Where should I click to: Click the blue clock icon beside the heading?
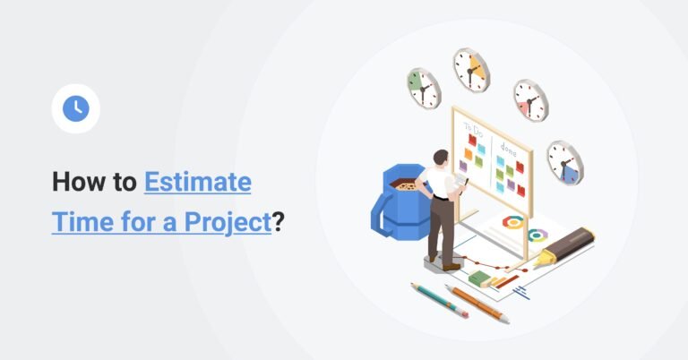tap(76, 108)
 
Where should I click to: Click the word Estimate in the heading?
tap(197, 182)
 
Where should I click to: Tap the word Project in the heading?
tap(228, 222)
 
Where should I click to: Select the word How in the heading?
tap(73, 182)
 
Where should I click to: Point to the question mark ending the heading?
tap(279, 221)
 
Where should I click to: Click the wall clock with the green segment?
tap(424, 88)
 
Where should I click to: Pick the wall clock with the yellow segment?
tap(471, 70)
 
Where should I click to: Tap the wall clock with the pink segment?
tap(531, 100)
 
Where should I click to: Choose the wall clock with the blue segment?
tap(565, 163)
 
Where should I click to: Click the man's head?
tap(441, 158)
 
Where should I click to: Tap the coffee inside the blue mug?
tap(404, 184)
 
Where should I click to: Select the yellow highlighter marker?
tap(563, 247)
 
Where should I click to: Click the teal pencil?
tap(439, 300)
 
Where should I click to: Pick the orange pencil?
tap(477, 304)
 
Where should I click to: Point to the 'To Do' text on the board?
tap(474, 130)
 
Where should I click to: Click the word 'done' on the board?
tap(509, 150)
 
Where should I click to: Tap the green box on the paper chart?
tap(479, 278)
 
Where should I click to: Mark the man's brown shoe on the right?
tap(451, 267)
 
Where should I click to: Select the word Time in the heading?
tap(83, 221)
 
